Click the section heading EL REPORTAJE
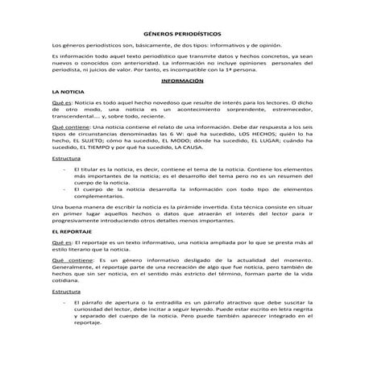pos(71,231)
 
